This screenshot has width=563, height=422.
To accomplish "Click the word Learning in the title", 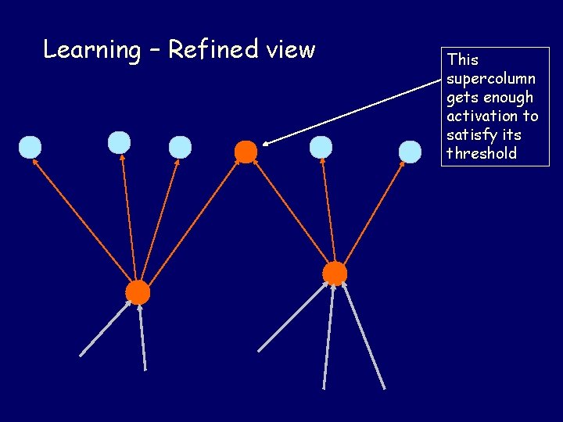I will click(x=91, y=51).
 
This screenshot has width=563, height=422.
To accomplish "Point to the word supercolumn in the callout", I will click(x=491, y=79).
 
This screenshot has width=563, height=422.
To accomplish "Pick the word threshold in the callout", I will click(x=482, y=154).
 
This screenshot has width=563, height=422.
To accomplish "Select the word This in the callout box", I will click(x=462, y=60).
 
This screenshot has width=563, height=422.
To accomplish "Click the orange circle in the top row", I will click(x=246, y=152).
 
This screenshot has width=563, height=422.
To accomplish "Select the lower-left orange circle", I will click(x=138, y=292).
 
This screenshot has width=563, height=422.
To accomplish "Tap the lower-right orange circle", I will click(x=335, y=274).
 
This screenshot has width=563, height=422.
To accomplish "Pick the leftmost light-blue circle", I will click(x=30, y=147).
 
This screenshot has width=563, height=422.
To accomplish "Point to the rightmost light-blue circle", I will click(x=410, y=152).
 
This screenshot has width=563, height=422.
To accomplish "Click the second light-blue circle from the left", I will click(x=119, y=142).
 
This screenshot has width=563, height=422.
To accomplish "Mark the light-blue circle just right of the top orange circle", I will click(x=321, y=147).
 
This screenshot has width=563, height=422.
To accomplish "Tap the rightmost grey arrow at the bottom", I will click(x=364, y=336).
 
